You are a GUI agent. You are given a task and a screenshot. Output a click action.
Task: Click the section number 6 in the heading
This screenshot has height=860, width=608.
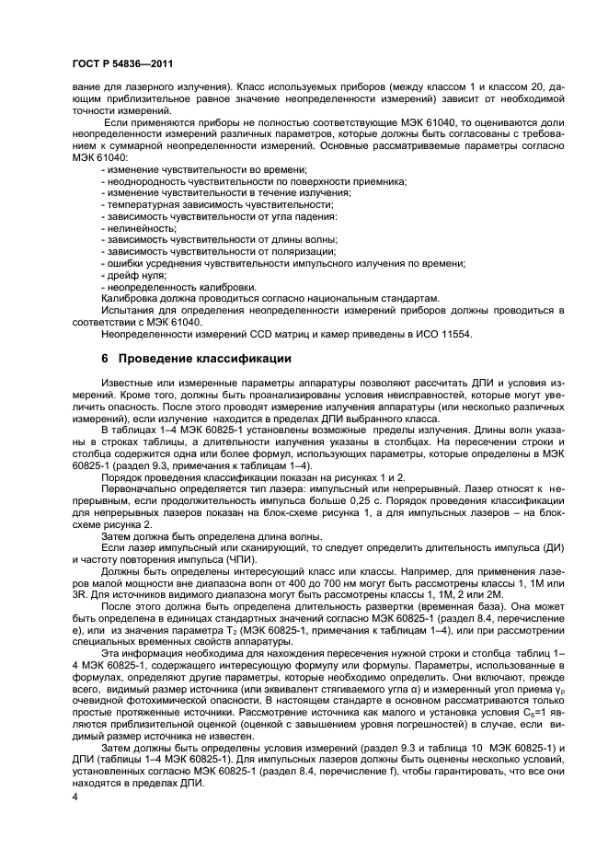pos(102,357)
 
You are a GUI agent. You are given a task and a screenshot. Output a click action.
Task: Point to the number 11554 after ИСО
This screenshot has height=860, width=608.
pos(454,334)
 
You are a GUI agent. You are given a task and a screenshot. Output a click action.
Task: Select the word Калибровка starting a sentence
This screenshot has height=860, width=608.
pos(124,299)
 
